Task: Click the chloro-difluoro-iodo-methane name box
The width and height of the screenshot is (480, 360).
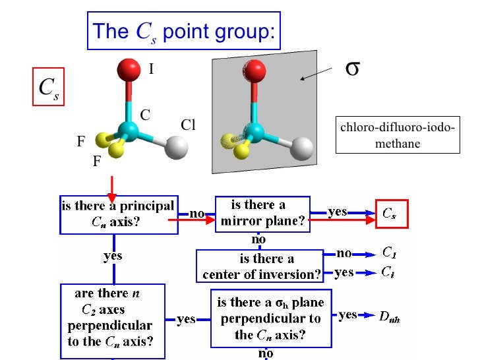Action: [397, 135]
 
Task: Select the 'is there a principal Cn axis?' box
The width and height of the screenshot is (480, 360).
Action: [119, 214]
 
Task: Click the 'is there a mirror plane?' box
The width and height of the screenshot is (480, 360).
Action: [263, 214]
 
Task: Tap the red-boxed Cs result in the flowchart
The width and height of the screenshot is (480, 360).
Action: [391, 213]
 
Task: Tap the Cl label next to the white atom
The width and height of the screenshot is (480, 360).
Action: [189, 125]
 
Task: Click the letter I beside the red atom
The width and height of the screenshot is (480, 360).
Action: [151, 67]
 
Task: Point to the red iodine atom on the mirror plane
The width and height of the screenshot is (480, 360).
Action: [255, 69]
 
